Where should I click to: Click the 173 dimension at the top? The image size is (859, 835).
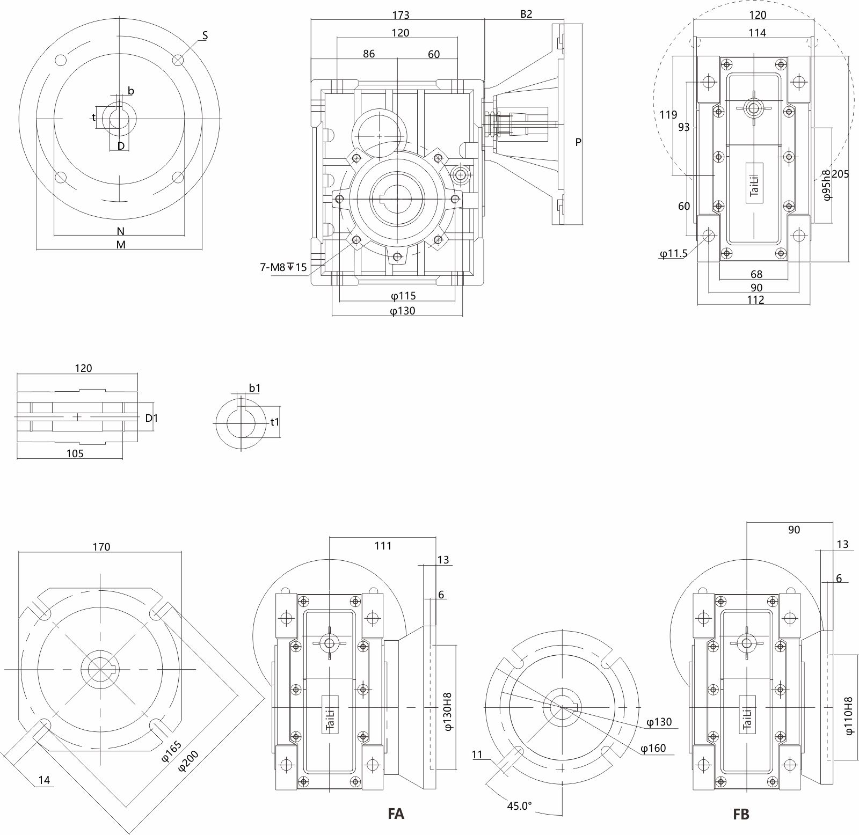401,15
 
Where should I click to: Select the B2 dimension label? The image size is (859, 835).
526,14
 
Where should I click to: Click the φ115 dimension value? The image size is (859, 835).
403,296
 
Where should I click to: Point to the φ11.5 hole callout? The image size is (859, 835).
674,254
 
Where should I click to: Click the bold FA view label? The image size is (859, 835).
396,814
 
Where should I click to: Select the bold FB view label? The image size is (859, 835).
741,814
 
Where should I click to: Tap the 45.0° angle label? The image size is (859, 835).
519,805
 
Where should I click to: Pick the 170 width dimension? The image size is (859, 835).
101,547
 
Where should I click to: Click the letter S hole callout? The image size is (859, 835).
205,35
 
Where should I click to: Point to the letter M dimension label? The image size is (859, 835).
121,245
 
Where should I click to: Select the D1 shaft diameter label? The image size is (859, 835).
152,417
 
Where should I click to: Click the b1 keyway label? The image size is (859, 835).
254,387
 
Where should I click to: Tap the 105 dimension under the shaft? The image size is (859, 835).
75,453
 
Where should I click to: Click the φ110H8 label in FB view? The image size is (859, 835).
848,716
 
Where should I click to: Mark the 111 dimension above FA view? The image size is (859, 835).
383,546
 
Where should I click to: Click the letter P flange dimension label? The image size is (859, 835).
578,142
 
